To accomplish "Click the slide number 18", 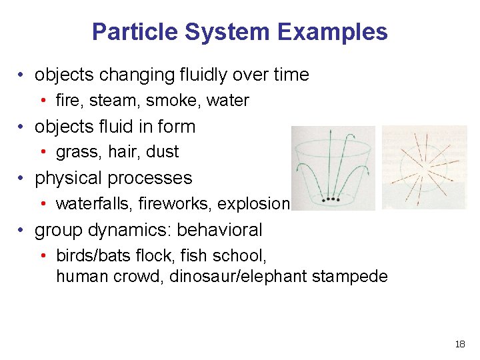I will point(459,344).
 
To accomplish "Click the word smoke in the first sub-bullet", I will point(173,101).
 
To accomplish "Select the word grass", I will point(75,152).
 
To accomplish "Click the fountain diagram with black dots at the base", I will point(333,168).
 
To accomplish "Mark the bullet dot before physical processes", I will point(23,179).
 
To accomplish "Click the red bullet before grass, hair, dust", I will point(42,152).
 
